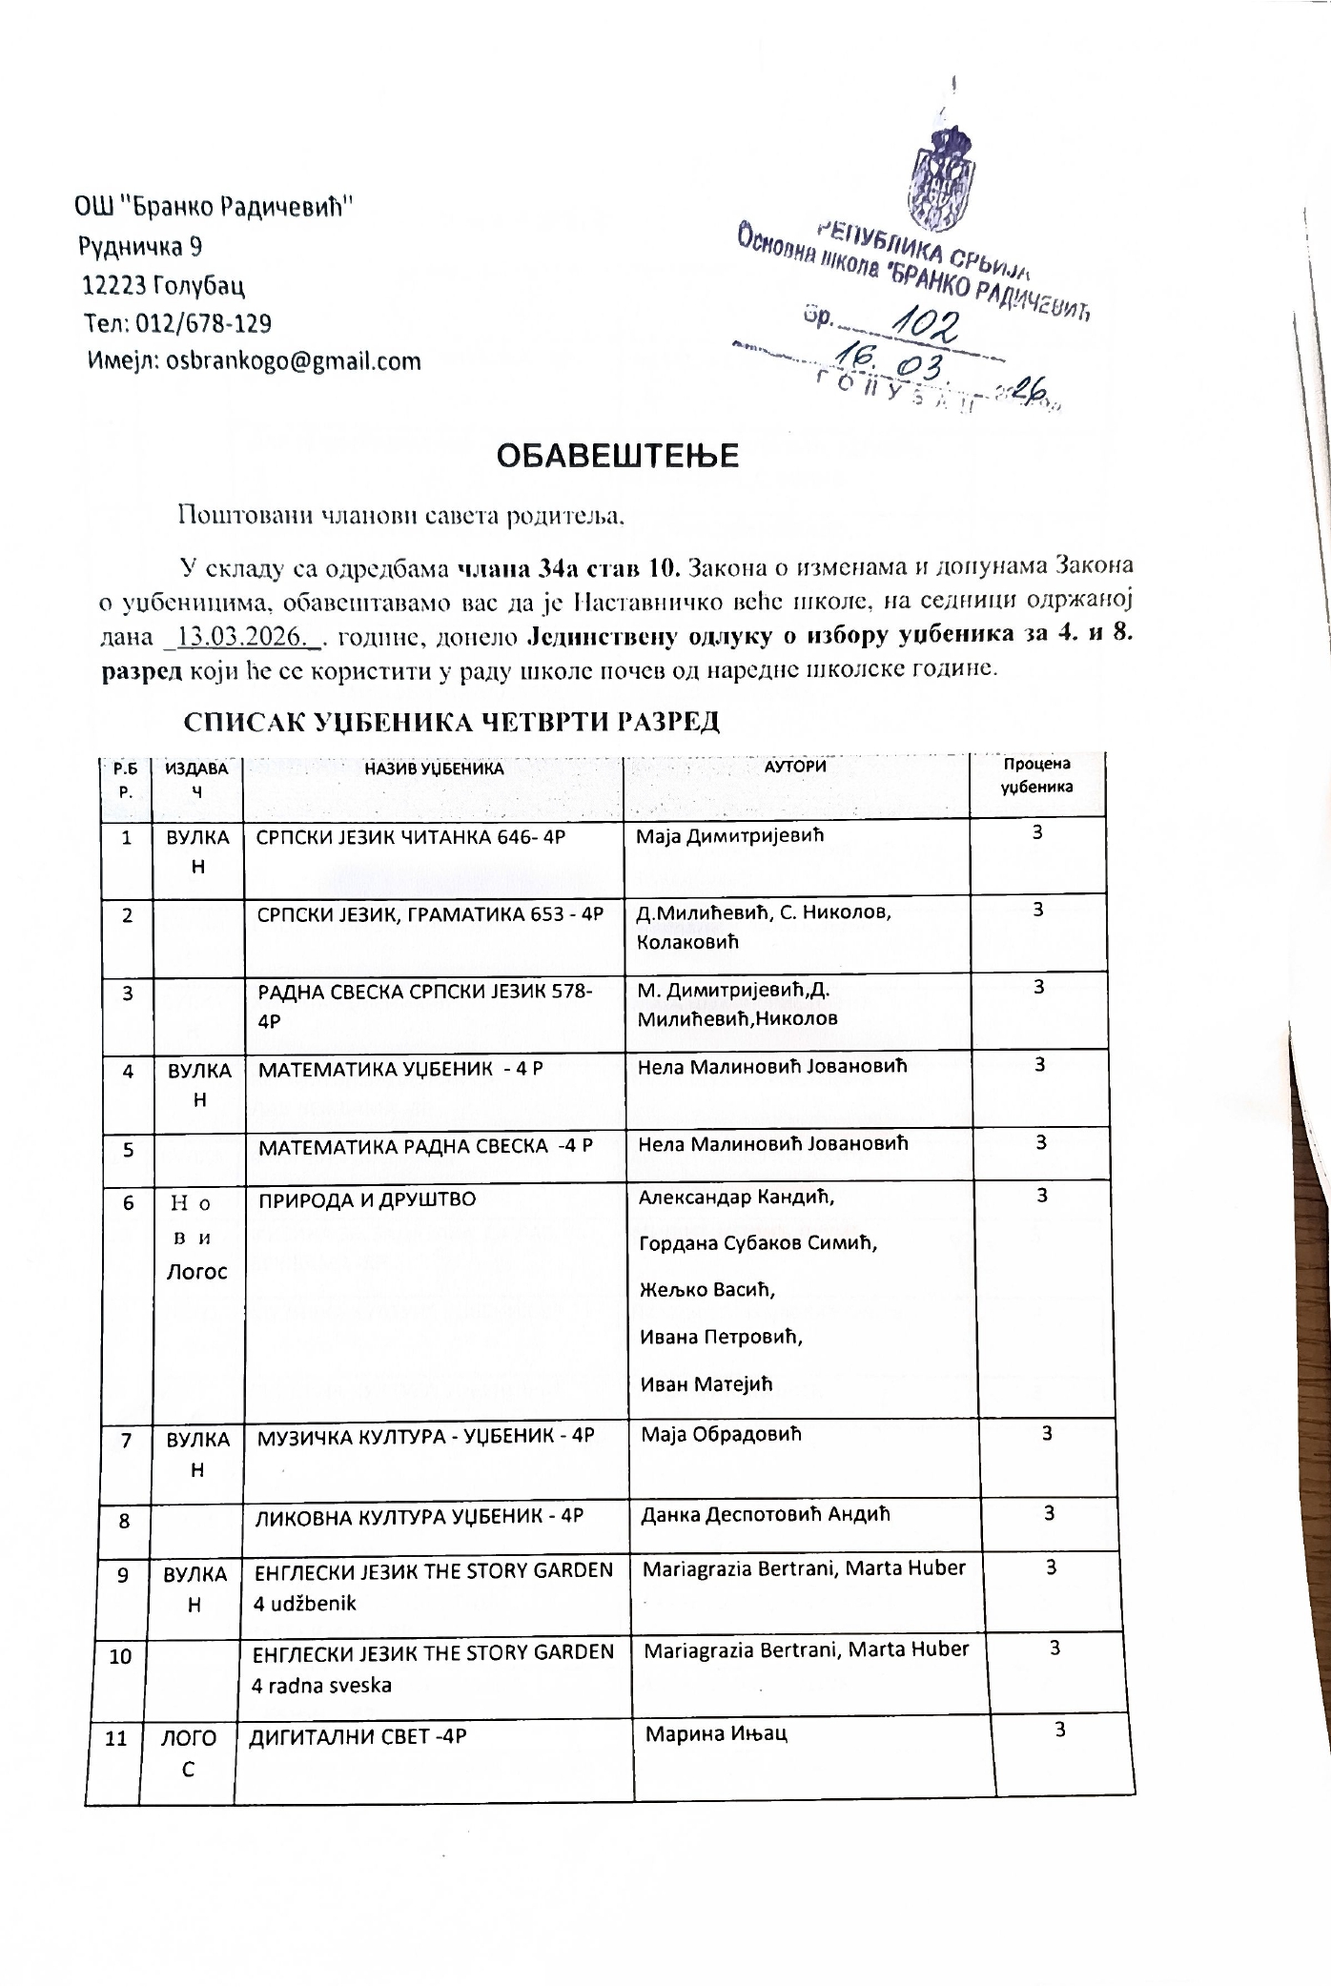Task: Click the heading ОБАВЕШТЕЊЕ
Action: (x=617, y=457)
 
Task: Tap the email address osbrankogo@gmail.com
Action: (x=294, y=361)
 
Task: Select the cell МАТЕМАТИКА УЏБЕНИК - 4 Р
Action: (x=400, y=1069)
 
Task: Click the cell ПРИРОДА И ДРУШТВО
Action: (x=367, y=1199)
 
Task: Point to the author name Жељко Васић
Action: (x=706, y=1289)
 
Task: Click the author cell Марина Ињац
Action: (x=716, y=1733)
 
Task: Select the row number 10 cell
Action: (x=120, y=1656)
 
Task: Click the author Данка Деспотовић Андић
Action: (x=767, y=1513)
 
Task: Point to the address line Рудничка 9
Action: (x=140, y=247)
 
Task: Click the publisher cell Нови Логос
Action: (x=197, y=1237)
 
